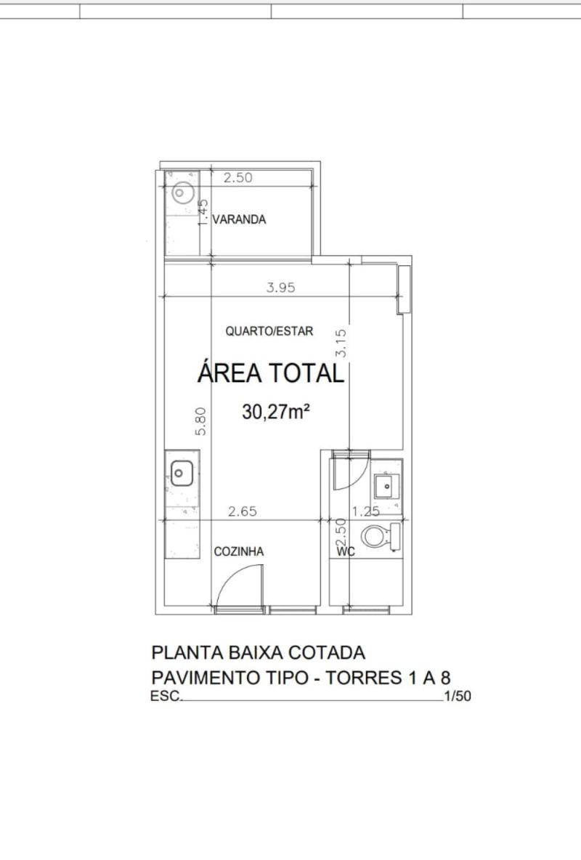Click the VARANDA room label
[239, 219]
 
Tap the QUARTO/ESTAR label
[269, 331]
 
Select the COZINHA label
[239, 551]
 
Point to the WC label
[346, 552]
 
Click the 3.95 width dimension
[281, 288]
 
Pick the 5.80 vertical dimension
[200, 421]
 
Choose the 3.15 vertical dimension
[341, 343]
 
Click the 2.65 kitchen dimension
[243, 511]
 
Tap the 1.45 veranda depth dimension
[203, 211]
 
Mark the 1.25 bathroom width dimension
[366, 512]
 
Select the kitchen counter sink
[182, 474]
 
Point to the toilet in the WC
[381, 536]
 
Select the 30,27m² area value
[276, 411]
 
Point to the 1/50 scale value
[458, 696]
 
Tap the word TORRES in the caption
[365, 678]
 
